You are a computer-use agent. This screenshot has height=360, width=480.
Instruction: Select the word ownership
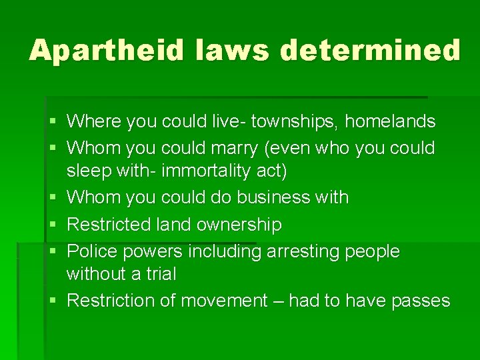(x=235, y=225)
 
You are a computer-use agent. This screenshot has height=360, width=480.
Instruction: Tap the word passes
(x=420, y=301)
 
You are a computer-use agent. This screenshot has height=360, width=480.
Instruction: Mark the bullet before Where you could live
(x=52, y=122)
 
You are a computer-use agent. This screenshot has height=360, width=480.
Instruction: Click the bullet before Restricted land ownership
(x=52, y=225)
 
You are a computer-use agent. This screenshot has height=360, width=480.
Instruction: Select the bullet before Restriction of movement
(x=52, y=301)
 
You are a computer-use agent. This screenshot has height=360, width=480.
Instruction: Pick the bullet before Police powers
(x=52, y=252)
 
